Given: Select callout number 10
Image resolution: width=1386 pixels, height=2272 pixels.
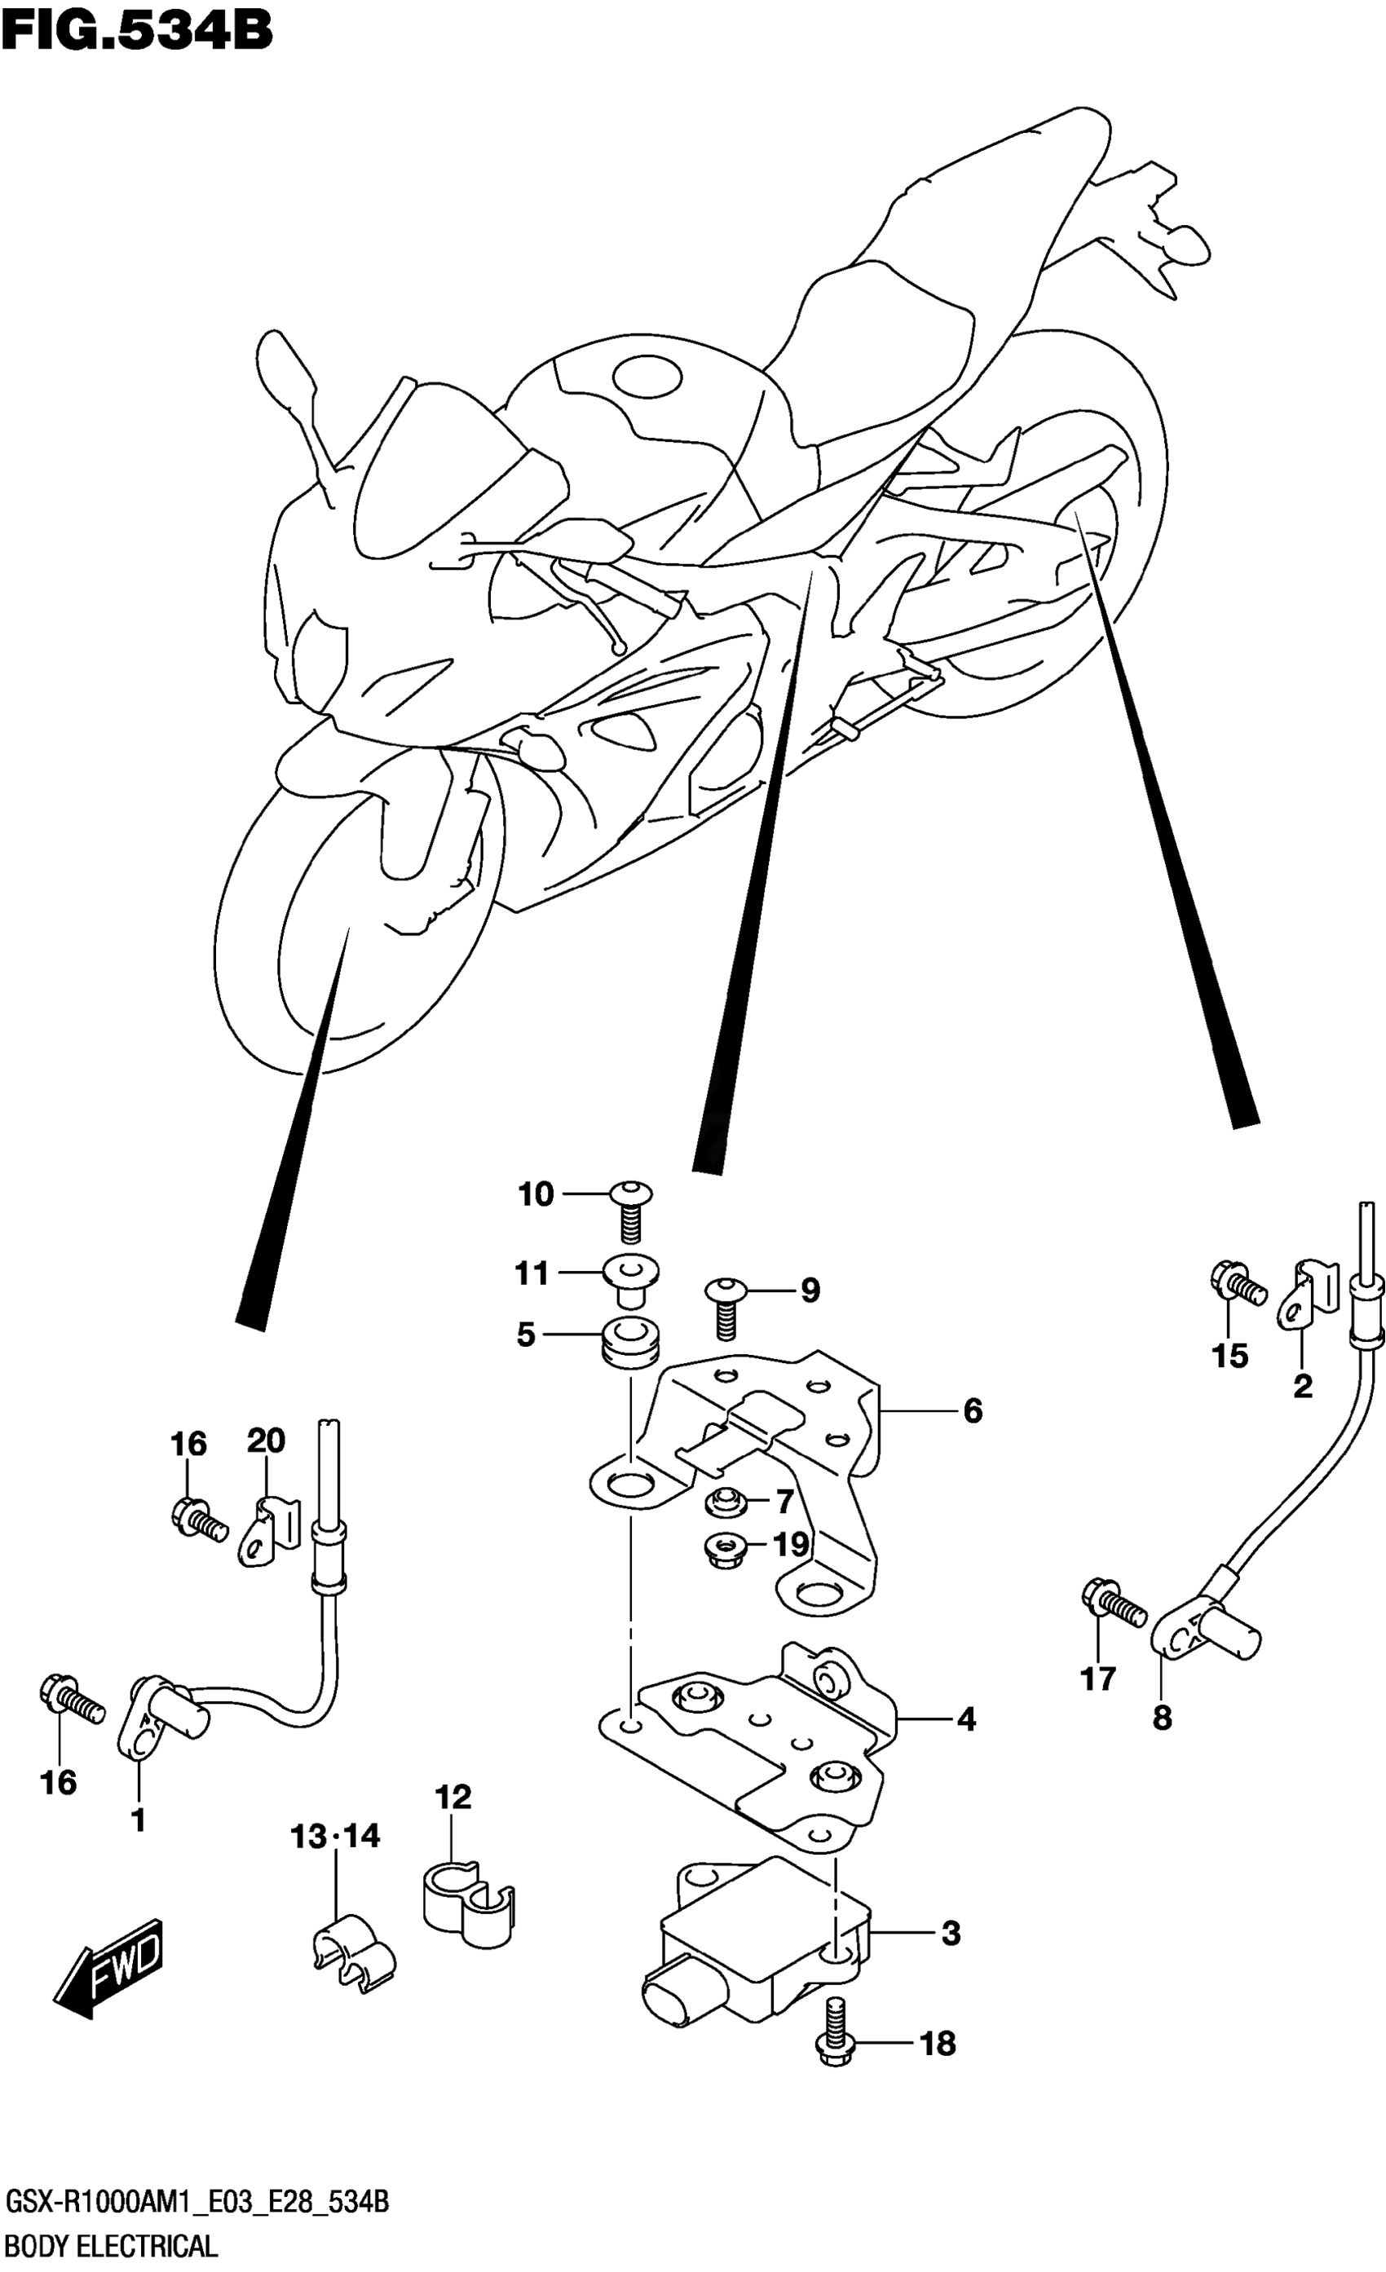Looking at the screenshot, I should [x=535, y=1194].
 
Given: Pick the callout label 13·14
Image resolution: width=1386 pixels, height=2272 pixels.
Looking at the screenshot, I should [x=336, y=1837].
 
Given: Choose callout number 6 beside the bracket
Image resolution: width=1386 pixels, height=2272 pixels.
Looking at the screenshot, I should [x=972, y=1411].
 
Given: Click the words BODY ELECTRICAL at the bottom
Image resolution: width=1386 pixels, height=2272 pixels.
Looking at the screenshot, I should [x=111, y=2251].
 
